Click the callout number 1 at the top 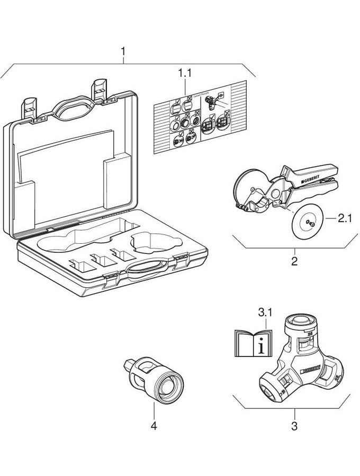123,52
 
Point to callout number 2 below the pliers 294,261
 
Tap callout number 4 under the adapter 154,425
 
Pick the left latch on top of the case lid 30,107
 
